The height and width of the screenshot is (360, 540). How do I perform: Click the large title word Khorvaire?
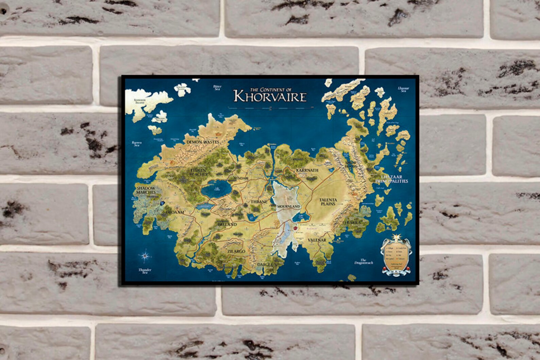tap(270, 97)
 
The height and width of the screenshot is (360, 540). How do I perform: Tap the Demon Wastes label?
tap(203, 142)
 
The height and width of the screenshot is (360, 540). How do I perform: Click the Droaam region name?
tap(175, 212)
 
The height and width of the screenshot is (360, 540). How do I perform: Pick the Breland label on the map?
tap(227, 225)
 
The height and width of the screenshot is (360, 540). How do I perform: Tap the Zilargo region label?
tap(236, 251)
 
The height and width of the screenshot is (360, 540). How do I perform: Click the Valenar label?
tap(317, 240)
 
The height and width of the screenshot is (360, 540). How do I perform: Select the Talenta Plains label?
tap(328, 202)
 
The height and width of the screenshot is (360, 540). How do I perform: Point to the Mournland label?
tap(288, 206)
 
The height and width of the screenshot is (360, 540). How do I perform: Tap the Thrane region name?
tap(259, 202)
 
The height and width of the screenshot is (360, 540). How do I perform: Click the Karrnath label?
tap(307, 170)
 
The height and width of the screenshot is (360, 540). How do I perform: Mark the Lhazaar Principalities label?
tap(394, 179)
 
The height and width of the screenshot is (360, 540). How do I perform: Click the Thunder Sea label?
tap(145, 271)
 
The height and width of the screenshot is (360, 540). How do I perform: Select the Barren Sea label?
tap(137, 144)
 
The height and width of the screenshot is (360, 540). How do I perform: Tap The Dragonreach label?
tap(364, 261)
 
